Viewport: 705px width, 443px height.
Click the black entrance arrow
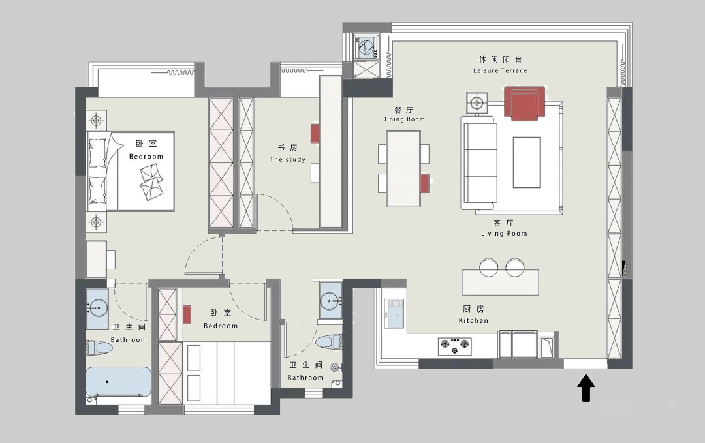(586, 388)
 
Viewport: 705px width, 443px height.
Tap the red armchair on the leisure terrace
(524, 104)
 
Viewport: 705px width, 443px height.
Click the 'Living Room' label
(504, 233)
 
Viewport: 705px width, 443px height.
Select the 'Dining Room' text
(403, 119)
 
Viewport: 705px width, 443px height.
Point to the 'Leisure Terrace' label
(500, 70)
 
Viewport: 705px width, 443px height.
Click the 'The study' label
(287, 159)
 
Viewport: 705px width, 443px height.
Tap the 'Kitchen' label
(473, 320)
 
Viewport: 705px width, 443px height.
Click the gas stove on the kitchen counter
(455, 346)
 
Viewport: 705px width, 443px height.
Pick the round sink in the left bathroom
(97, 309)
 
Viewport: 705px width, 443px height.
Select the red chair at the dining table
(425, 183)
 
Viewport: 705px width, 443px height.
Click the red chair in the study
(315, 134)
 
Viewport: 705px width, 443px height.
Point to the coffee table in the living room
(527, 162)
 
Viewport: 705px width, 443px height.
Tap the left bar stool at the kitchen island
(489, 267)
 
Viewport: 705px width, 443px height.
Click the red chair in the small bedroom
(187, 314)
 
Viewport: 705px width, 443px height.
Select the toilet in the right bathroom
(328, 343)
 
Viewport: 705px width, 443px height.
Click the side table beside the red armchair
(477, 103)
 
